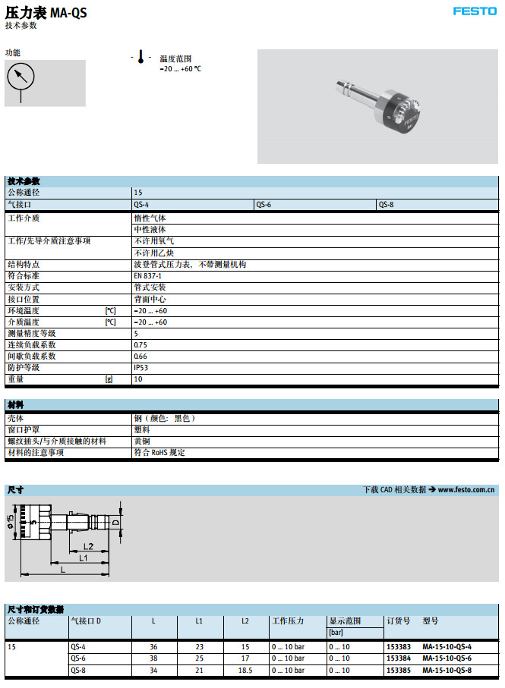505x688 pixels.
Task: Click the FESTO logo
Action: point(475,11)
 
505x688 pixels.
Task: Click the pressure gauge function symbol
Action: point(22,77)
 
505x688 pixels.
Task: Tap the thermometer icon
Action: point(140,57)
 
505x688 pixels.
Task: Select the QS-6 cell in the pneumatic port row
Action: point(264,204)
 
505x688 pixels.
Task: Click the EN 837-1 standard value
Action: point(147,276)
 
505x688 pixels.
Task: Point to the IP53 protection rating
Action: point(141,368)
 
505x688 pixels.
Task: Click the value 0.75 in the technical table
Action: point(140,345)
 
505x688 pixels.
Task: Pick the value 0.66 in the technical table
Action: point(140,357)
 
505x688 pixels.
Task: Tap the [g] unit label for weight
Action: point(109,379)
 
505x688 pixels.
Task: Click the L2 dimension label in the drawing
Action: point(88,546)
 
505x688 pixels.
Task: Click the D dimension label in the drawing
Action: point(115,523)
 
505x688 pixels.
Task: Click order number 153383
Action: point(399,647)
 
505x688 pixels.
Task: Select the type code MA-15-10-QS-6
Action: point(447,658)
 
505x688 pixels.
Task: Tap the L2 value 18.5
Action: point(245,670)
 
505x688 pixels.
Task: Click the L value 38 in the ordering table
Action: point(153,658)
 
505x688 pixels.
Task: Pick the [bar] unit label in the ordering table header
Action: point(336,632)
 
